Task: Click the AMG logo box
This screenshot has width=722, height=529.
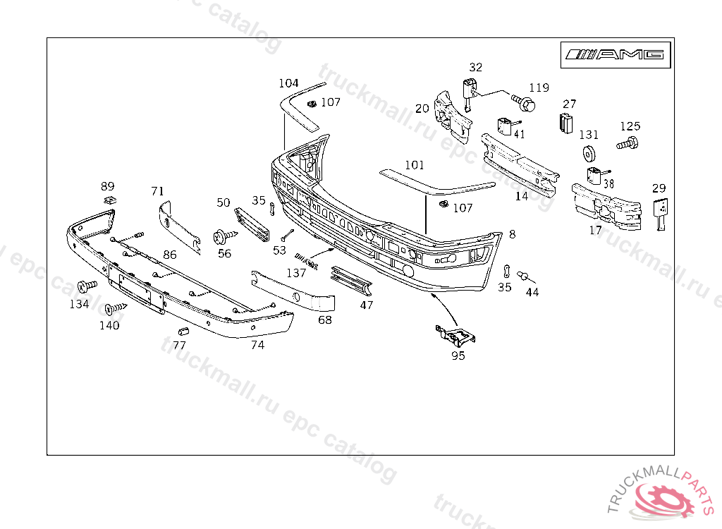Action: [x=615, y=54]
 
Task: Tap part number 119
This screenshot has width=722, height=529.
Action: [x=539, y=87]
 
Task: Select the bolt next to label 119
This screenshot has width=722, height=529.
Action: [x=524, y=104]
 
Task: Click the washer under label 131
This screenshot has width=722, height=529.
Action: [x=589, y=152]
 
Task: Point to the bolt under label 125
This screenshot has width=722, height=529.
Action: [x=627, y=144]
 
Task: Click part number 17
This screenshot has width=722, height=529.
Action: [x=596, y=230]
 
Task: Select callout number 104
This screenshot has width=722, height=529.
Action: [x=288, y=83]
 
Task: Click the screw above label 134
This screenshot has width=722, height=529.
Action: [x=86, y=286]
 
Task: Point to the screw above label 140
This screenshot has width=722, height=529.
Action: [x=114, y=308]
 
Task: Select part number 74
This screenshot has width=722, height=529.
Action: [x=257, y=345]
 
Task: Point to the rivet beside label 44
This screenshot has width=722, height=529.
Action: [x=524, y=276]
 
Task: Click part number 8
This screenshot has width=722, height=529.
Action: [x=512, y=233]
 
